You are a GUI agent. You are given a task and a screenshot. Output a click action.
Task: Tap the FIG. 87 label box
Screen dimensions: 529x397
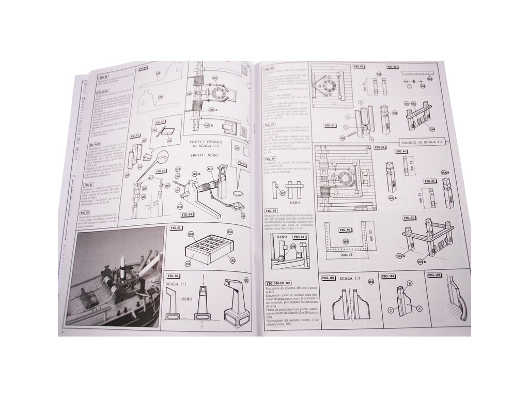[176, 228]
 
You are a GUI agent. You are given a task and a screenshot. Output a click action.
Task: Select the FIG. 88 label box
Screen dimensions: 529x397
[176, 276]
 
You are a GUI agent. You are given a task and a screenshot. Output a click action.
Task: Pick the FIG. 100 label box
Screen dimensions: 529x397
[328, 278]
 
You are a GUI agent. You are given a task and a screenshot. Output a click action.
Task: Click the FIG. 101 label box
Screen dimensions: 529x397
[389, 277]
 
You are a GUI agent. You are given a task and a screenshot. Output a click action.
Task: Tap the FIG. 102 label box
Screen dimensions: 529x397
[435, 276]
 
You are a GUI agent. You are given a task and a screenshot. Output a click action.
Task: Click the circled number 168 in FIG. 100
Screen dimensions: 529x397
[371, 282]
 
